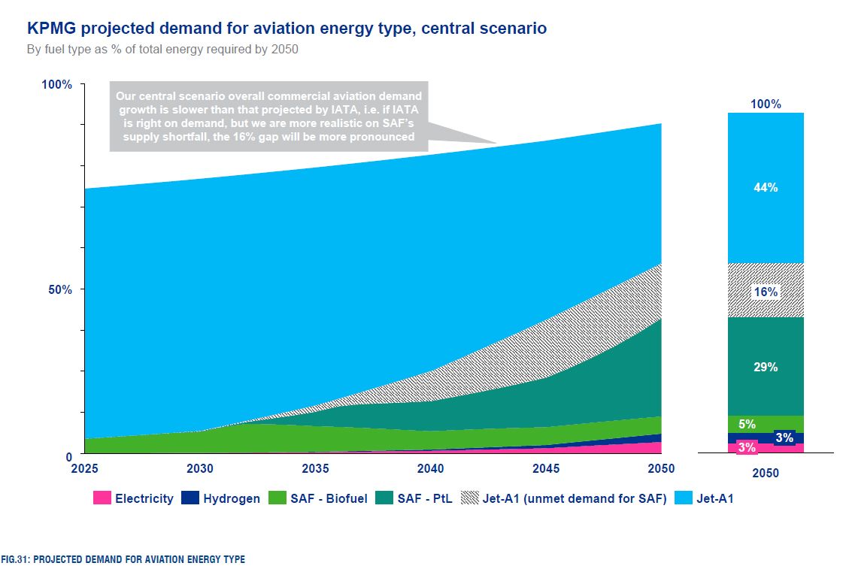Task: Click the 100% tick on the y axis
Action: click(x=57, y=84)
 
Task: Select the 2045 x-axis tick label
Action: click(x=546, y=468)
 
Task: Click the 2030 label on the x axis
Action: click(x=200, y=468)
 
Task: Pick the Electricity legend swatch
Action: click(x=102, y=498)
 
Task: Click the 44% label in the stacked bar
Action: click(x=766, y=188)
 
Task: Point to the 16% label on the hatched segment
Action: click(x=766, y=292)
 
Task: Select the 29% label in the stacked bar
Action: click(x=766, y=368)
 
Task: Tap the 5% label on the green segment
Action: click(x=747, y=424)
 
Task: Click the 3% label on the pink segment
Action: click(x=747, y=447)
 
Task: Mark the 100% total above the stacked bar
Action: click(x=766, y=104)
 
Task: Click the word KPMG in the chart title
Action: click(x=50, y=29)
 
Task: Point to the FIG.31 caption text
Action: click(x=123, y=559)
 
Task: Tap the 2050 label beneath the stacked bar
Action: click(x=766, y=474)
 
